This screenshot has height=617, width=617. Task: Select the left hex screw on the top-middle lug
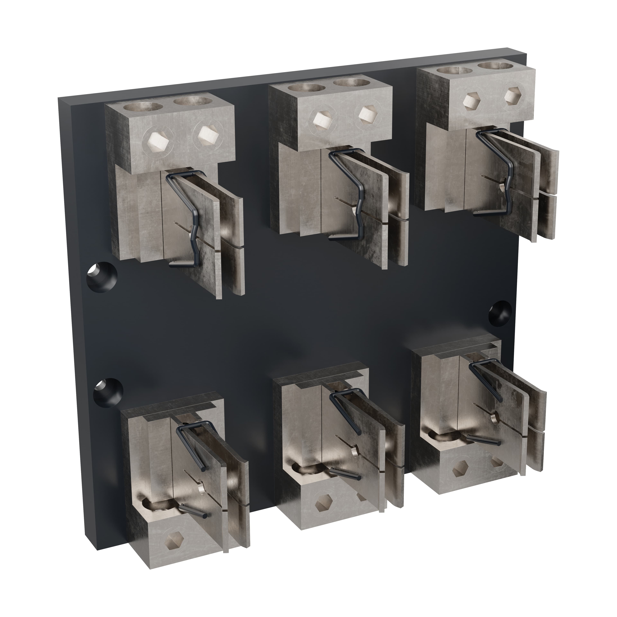(320, 120)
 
